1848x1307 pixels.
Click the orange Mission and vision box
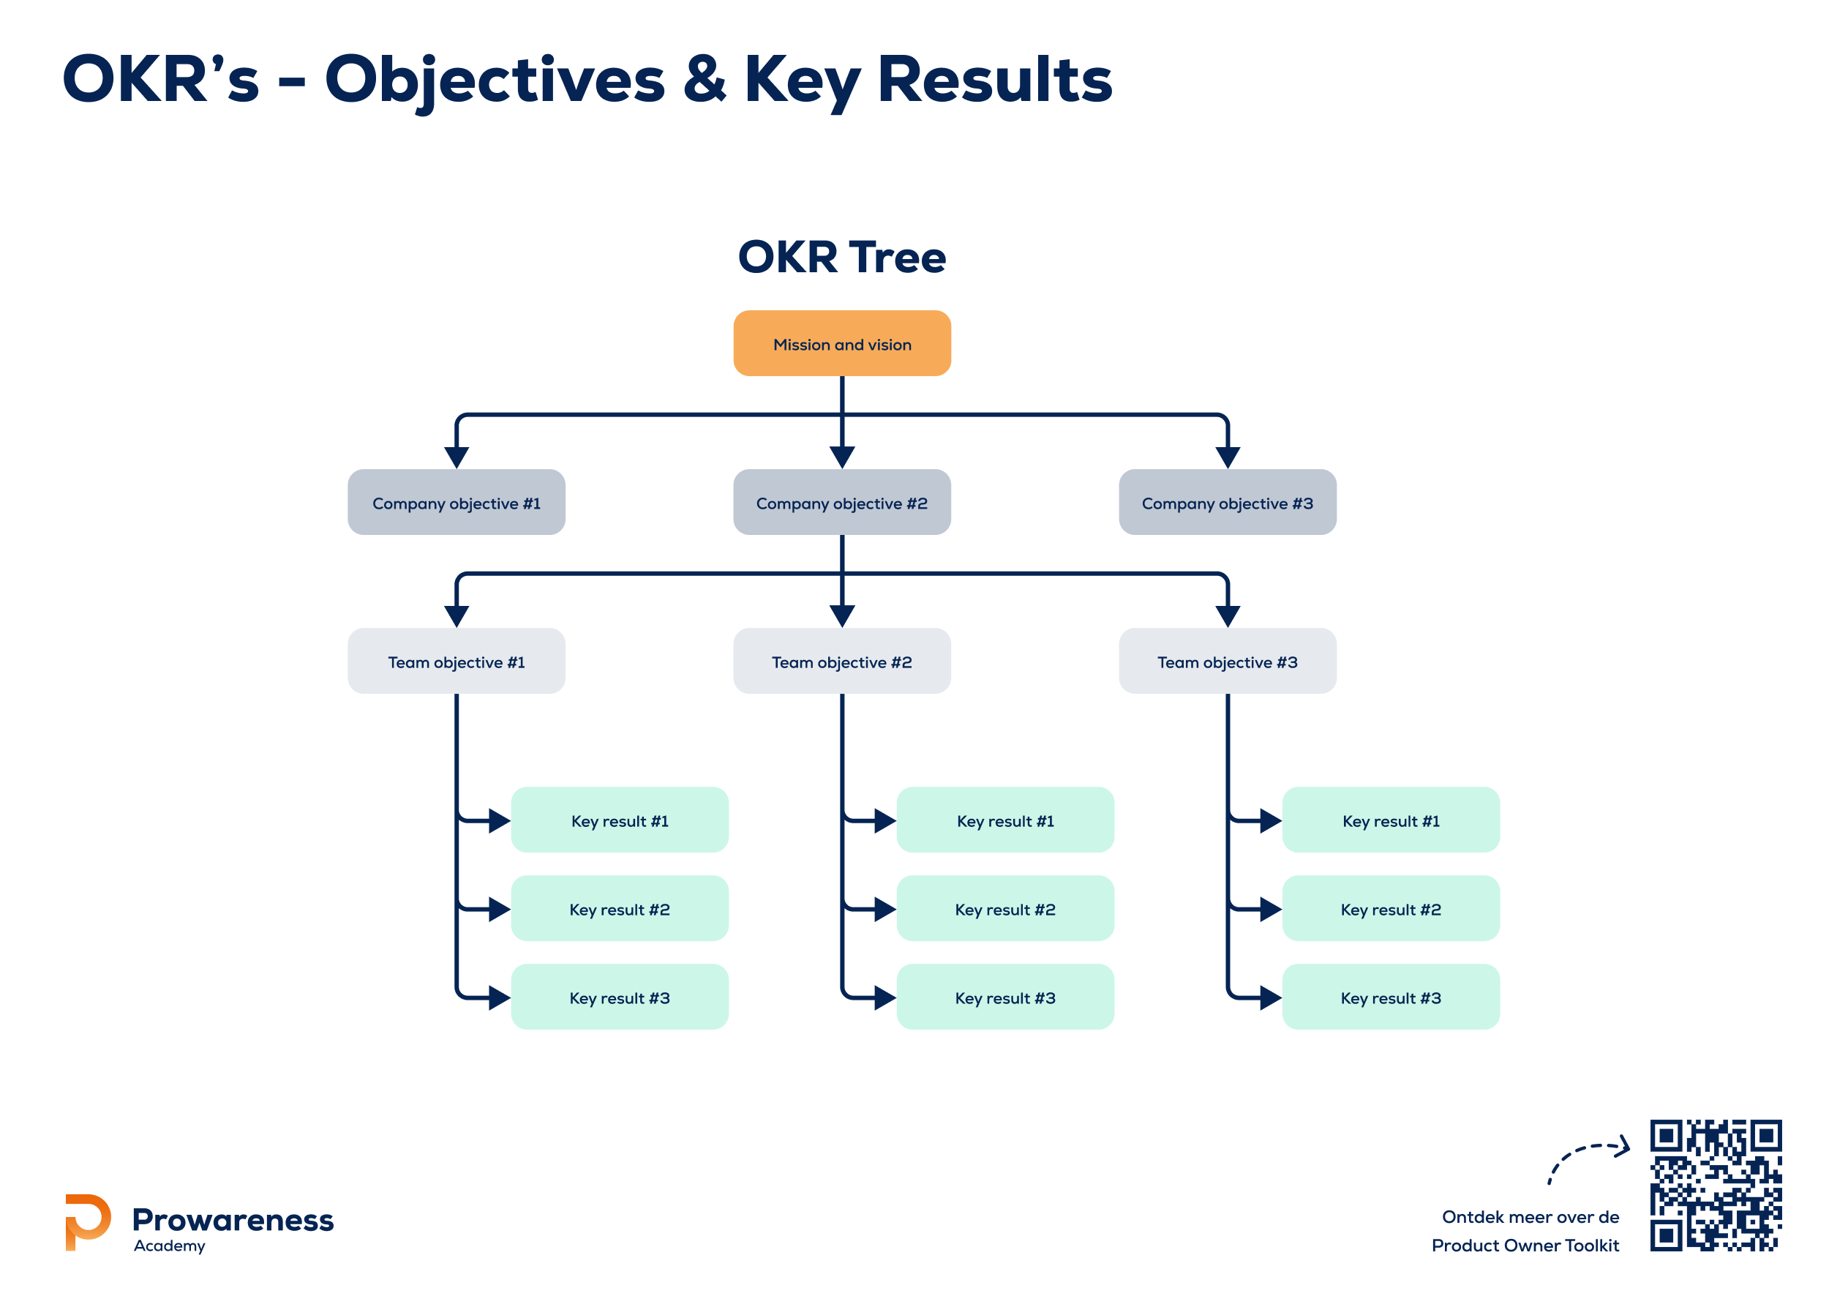[842, 344]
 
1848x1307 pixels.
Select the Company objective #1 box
[457, 503]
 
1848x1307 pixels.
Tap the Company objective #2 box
[842, 503]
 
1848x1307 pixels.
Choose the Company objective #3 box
[1228, 503]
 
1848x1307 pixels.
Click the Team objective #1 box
[457, 661]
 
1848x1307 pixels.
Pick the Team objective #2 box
[842, 661]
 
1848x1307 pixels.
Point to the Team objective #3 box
[1228, 661]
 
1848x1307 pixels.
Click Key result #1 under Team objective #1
[620, 820]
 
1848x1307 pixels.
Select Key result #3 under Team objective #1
[620, 997]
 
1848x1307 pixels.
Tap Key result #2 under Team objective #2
[1005, 908]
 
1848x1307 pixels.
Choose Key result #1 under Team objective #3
[1391, 820]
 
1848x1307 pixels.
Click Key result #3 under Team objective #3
[1391, 997]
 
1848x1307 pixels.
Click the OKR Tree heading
[842, 257]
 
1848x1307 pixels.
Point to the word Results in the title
[995, 80]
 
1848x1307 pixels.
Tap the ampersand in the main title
[705, 80]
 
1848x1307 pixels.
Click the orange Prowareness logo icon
[87, 1221]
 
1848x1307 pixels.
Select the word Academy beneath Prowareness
[169, 1246]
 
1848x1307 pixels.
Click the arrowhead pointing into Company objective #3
[1228, 457]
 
